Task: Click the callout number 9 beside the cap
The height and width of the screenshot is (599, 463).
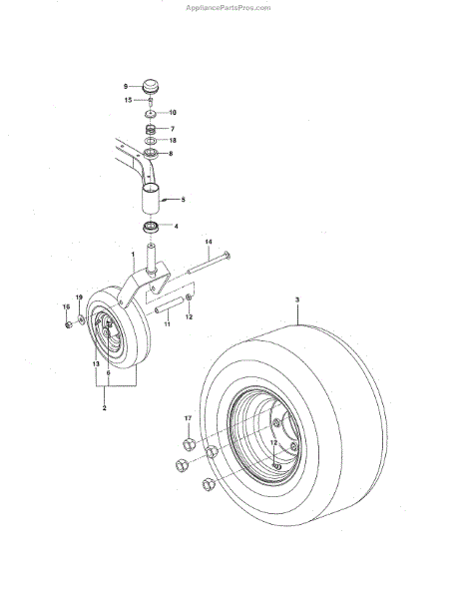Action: (126, 87)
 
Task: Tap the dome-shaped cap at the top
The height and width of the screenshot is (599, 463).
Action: (151, 86)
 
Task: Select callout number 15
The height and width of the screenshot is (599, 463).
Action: (129, 100)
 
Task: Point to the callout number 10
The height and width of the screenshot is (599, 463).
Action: (173, 113)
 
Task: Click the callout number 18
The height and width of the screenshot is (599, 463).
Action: (173, 141)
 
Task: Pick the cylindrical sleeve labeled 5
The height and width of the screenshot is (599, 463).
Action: (151, 199)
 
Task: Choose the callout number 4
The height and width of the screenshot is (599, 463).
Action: (176, 227)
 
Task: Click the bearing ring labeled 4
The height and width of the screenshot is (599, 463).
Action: (151, 228)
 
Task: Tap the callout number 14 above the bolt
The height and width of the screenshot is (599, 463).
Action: (209, 242)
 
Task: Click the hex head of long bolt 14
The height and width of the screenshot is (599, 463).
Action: (227, 255)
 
